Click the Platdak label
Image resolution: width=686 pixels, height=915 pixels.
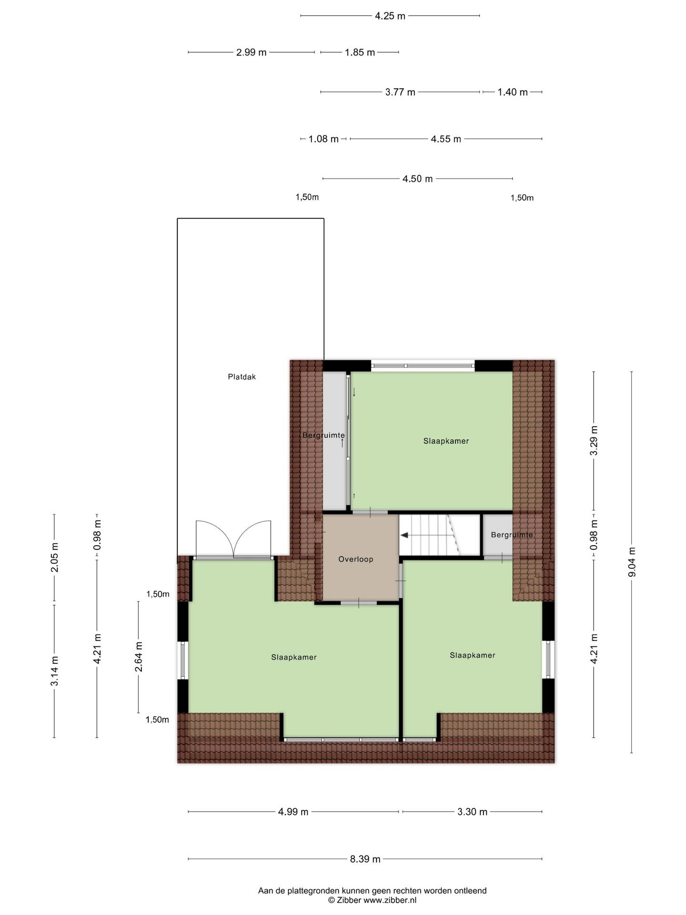(x=242, y=377)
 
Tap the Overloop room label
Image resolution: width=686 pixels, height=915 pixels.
(x=355, y=559)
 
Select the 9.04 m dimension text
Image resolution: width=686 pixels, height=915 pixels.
(x=632, y=562)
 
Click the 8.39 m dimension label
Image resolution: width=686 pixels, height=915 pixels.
(x=365, y=859)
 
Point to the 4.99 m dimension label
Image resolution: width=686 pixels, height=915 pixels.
(x=293, y=812)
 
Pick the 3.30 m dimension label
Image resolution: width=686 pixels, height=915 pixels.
(x=473, y=812)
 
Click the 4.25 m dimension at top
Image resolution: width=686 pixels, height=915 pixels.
(x=390, y=16)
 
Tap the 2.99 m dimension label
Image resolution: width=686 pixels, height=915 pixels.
(x=252, y=52)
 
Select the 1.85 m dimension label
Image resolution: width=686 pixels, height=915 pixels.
(x=360, y=52)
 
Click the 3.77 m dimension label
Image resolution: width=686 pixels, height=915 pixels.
(x=400, y=92)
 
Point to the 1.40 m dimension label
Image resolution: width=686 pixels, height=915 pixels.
(x=513, y=92)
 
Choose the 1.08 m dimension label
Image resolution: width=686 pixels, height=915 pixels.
(x=323, y=139)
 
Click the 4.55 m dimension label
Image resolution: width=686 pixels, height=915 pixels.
(x=446, y=139)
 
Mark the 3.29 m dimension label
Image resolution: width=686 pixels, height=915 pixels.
(x=594, y=440)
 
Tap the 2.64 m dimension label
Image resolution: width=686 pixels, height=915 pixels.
(x=139, y=657)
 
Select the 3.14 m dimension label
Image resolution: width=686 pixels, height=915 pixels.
(x=54, y=671)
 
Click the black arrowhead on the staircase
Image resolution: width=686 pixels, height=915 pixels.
(x=404, y=535)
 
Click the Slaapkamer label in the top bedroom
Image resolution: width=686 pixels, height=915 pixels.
(x=446, y=441)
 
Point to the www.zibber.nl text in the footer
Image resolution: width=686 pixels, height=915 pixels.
(x=390, y=900)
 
